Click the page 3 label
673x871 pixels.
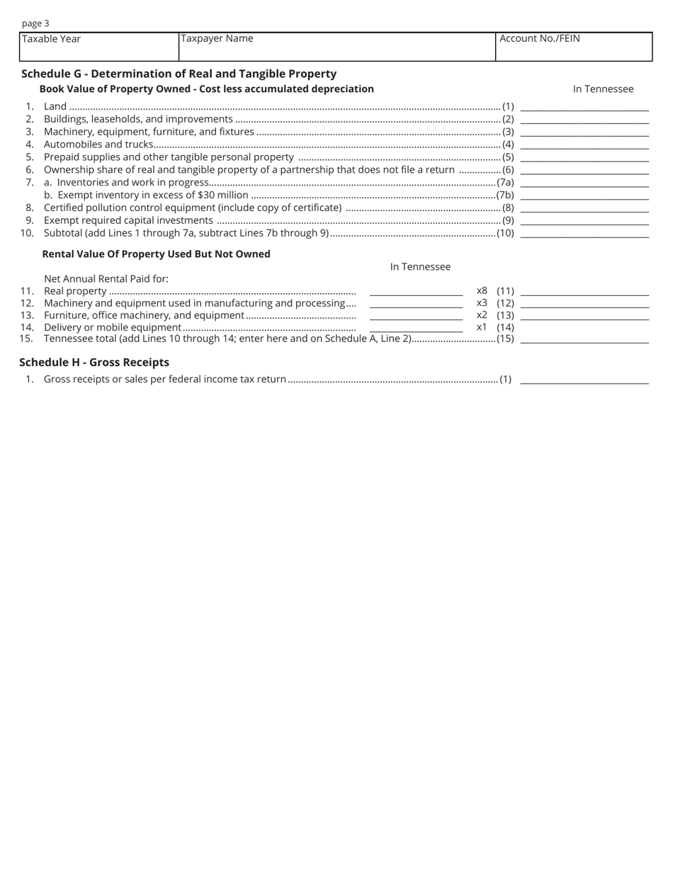[x=35, y=23]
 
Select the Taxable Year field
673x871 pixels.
[x=99, y=47]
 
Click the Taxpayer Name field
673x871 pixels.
[x=336, y=47]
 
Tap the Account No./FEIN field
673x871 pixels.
[x=573, y=47]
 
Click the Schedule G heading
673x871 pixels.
[x=179, y=74]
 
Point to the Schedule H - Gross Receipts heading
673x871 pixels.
[x=94, y=363]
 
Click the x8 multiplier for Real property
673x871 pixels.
[x=482, y=290]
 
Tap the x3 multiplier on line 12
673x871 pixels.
[x=482, y=303]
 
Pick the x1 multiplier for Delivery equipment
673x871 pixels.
[x=482, y=327]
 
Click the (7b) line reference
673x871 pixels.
[x=505, y=195]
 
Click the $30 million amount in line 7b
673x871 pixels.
[x=223, y=195]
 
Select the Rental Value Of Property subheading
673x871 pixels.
[x=156, y=254]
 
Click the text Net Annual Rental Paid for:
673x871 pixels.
[x=106, y=279]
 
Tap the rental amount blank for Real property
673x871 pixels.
[x=416, y=291]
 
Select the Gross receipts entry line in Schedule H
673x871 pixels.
[x=584, y=380]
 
